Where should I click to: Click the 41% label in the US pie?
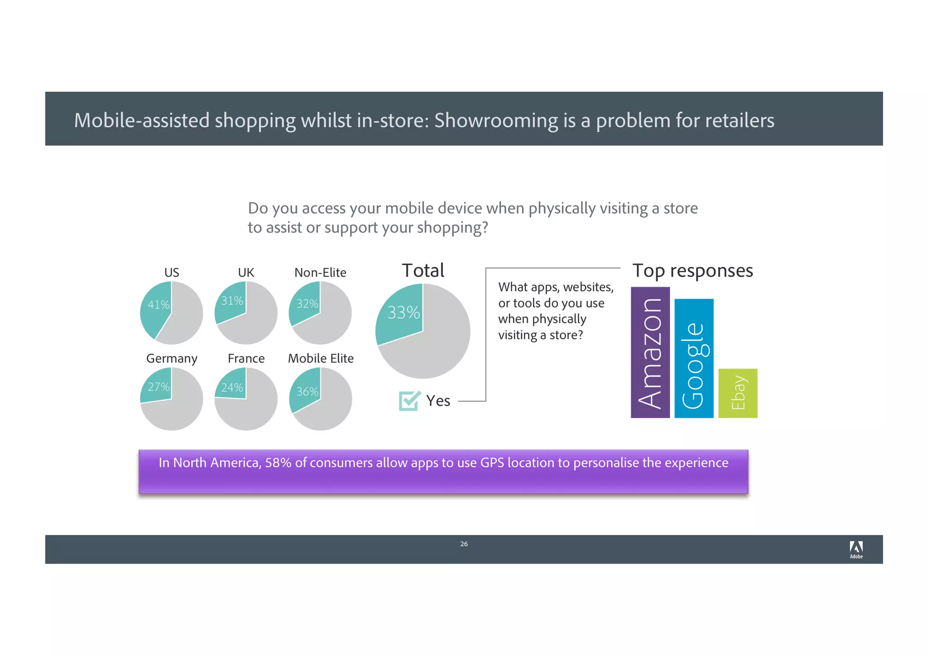coord(159,305)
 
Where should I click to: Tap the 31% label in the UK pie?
coord(232,301)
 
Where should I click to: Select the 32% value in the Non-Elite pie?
coord(307,304)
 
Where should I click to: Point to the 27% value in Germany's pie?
coord(159,387)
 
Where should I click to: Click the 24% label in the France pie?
coord(232,388)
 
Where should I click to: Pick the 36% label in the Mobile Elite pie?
coord(307,391)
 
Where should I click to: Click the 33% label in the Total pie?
coord(403,312)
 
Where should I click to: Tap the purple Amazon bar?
coord(650,352)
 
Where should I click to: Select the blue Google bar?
coord(694,358)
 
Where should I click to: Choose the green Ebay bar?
coord(738,393)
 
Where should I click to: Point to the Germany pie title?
coord(172,359)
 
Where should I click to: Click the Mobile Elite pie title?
coord(320,358)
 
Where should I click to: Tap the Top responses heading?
coord(692,271)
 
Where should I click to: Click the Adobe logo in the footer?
coord(856,549)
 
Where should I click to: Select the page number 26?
coord(464,544)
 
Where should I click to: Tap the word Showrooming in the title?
coord(496,121)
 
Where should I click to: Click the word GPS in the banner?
coord(492,463)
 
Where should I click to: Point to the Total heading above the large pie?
coord(423,271)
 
